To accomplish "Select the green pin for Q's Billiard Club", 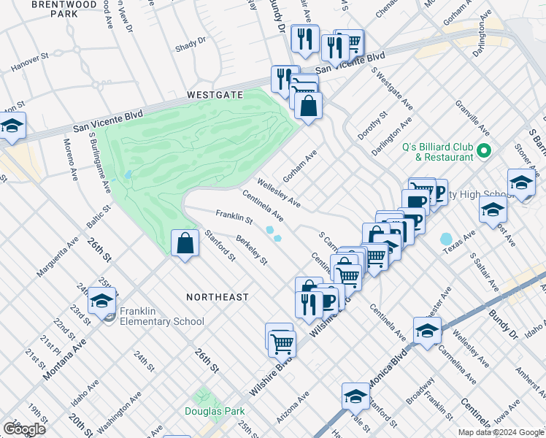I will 483,151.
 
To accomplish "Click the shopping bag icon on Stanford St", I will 185,243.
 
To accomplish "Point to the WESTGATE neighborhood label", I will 214,95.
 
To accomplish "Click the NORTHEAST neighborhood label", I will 217,297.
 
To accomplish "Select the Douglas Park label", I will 215,411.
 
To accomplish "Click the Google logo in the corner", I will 24,429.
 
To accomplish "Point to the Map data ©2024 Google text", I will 500,432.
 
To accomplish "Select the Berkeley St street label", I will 251,250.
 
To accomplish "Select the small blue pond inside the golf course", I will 128,175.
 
